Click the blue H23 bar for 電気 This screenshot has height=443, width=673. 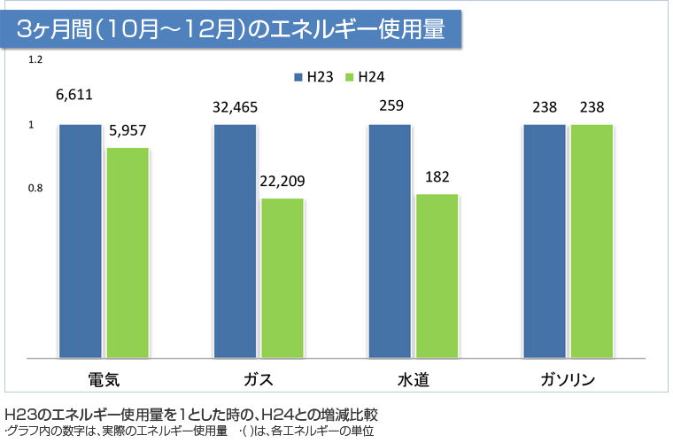click(81, 241)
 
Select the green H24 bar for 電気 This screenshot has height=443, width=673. click(128, 253)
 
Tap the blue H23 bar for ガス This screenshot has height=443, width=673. click(235, 241)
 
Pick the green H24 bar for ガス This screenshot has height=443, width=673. click(282, 278)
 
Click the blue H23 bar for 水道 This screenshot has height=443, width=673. click(390, 241)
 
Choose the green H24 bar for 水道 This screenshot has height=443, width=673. click(437, 276)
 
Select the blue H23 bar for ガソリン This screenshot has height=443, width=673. click(545, 241)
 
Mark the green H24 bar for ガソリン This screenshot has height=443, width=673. click(592, 241)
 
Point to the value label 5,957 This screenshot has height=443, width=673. click(128, 129)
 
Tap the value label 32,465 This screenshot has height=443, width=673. click(235, 106)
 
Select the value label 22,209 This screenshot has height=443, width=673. click(282, 181)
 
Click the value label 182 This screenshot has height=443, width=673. click(437, 176)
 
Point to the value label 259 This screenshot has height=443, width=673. click(391, 106)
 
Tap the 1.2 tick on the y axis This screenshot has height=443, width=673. click(35, 60)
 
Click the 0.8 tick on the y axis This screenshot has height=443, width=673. click(35, 189)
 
